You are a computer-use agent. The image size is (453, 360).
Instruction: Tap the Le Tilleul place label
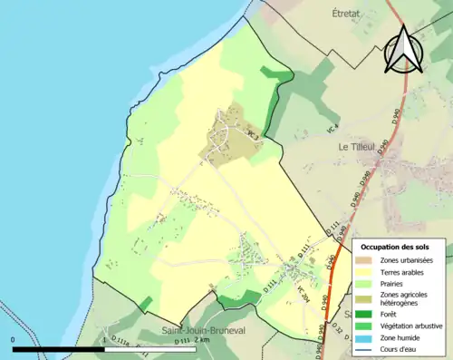coord(356,145)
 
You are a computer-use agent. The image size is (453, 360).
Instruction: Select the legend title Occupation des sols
coord(396,247)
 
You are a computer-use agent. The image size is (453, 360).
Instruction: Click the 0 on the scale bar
coord(13,340)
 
